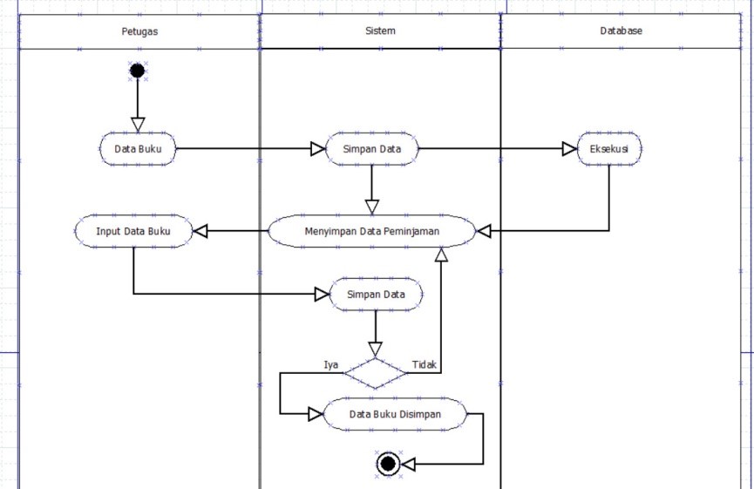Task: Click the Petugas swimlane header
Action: coord(139,31)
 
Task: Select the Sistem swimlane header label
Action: coord(380,31)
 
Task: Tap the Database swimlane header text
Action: coord(621,31)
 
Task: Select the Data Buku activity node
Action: coord(138,148)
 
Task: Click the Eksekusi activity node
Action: coord(610,148)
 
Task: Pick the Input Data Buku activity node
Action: coord(133,231)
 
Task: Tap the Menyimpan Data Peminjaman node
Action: coord(372,231)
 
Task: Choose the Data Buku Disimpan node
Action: coord(395,414)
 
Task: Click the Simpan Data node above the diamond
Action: coord(375,295)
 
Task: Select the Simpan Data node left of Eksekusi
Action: coord(372,148)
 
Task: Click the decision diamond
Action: coord(375,372)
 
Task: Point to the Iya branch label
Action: coord(330,364)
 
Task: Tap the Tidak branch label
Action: coord(425,364)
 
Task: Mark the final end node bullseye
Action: coord(388,465)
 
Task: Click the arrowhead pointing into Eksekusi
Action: coord(570,148)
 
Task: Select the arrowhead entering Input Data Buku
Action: coord(200,231)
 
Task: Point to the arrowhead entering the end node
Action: coord(408,465)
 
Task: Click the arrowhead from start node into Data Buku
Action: coord(137,125)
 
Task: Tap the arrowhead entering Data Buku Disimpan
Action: coord(316,414)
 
